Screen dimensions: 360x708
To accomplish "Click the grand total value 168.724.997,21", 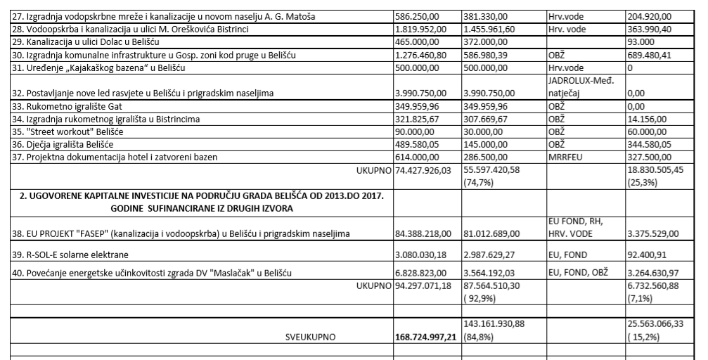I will pos(426,337).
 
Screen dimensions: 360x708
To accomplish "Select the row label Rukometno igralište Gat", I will pos(56,107).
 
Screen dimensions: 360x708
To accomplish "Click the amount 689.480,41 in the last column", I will pos(652,57).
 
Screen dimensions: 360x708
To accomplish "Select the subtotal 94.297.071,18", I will pos(426,287).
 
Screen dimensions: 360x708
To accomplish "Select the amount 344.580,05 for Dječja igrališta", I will pos(652,145).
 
